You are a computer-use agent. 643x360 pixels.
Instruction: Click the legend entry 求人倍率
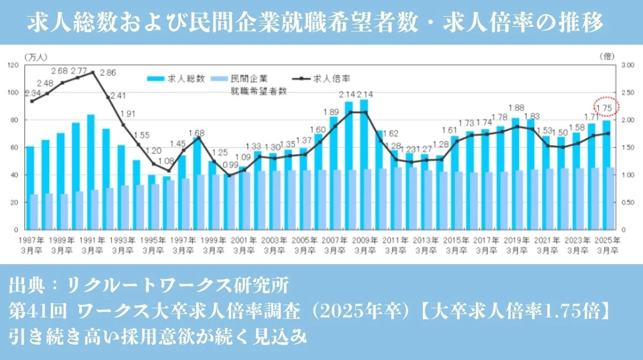click(330, 78)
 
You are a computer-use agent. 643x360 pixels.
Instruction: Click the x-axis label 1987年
click(31, 240)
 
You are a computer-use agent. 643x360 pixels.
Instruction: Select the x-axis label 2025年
click(609, 240)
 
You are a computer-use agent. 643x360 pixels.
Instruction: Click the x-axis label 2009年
click(365, 240)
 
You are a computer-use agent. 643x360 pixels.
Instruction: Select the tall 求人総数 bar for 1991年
click(91, 171)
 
